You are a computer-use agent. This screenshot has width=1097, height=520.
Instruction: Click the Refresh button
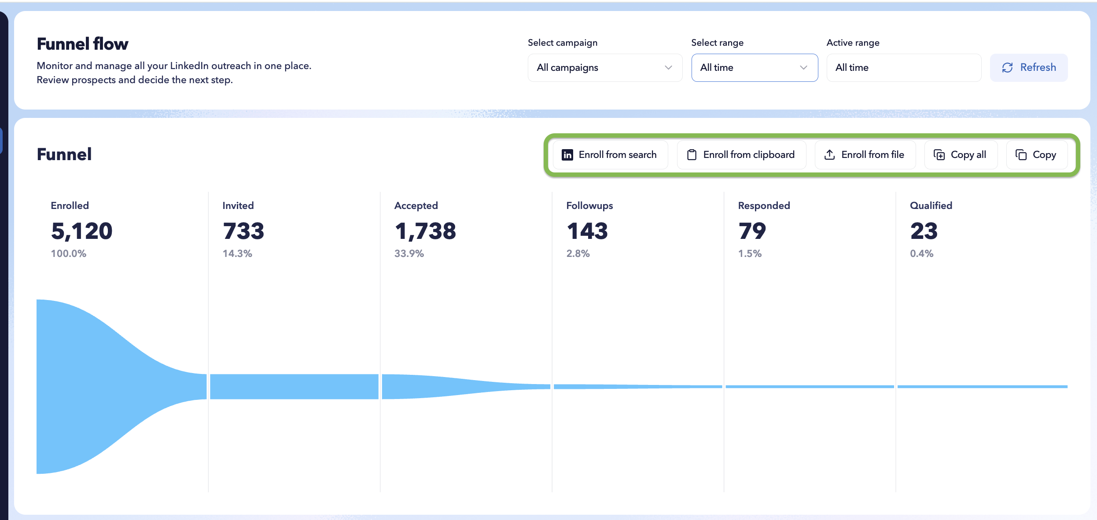[x=1029, y=67]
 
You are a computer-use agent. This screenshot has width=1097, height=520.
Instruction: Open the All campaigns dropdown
[x=605, y=67]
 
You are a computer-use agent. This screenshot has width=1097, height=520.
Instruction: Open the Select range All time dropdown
[x=755, y=67]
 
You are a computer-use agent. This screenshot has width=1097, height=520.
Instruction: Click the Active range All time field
[x=904, y=67]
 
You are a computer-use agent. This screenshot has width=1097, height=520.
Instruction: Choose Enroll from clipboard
[x=741, y=155]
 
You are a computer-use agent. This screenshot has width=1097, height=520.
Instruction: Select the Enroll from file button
[x=865, y=155]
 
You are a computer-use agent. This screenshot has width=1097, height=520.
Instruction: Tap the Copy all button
[x=961, y=155]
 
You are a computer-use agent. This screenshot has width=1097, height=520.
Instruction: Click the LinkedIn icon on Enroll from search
[x=567, y=155]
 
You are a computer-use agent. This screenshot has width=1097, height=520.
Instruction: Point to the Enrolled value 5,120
[x=82, y=231]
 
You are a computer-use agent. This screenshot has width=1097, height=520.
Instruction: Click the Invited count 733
[x=243, y=231]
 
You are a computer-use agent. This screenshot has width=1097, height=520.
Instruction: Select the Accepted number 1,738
[x=425, y=231]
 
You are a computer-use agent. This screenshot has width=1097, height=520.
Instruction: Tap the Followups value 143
[x=587, y=231]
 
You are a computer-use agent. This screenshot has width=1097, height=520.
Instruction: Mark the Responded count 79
[x=752, y=231]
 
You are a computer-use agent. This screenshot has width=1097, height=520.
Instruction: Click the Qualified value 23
[x=924, y=231]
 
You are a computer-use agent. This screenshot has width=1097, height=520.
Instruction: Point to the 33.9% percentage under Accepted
[x=409, y=253]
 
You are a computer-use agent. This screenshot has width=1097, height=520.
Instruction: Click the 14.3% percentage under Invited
[x=237, y=253]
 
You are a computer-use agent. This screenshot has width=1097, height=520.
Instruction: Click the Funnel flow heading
[x=83, y=44]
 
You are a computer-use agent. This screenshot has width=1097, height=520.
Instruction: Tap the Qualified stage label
[x=931, y=205]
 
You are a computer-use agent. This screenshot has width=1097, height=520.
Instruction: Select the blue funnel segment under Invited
[x=294, y=387]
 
